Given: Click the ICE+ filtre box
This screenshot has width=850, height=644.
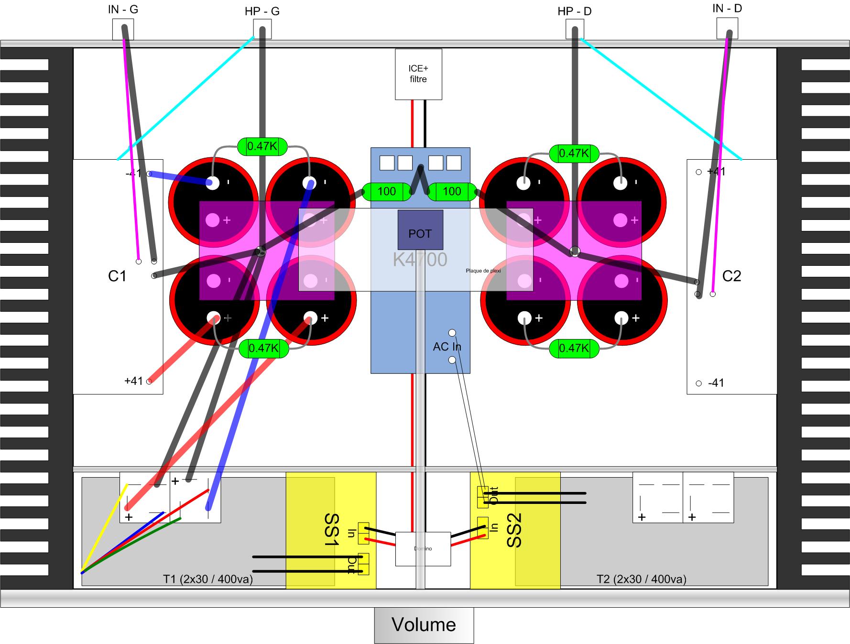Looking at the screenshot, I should point(418,75).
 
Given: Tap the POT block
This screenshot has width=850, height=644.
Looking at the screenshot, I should point(420,230).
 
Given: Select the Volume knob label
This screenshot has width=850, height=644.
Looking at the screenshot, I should point(424,625).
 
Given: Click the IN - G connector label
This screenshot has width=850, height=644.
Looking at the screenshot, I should point(123,9).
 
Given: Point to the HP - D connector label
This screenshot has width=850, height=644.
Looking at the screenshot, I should point(574,11).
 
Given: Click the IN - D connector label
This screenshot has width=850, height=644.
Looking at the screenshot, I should point(727,9).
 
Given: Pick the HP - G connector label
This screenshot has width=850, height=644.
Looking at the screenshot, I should point(262,11).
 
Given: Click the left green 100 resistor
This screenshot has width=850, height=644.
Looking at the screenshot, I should point(387,192).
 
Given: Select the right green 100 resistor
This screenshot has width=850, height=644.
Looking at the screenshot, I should point(452,192).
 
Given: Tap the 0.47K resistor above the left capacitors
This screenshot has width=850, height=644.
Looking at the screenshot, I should point(262,146).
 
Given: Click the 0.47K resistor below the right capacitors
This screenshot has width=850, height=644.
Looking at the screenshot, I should point(574,348).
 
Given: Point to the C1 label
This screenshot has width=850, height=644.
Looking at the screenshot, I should point(117,276).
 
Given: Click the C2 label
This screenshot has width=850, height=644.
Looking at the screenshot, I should point(731,276).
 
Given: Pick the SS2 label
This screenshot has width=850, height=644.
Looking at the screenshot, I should point(514,530).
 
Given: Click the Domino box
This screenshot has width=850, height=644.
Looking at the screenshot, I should point(423,549).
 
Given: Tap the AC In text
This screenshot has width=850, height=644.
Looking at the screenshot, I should point(447,347).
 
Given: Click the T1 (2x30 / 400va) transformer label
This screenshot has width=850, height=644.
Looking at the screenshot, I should point(208,579).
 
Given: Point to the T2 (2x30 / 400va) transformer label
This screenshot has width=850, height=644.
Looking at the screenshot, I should point(641,579).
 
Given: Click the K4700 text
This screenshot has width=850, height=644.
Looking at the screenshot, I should point(420,260).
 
